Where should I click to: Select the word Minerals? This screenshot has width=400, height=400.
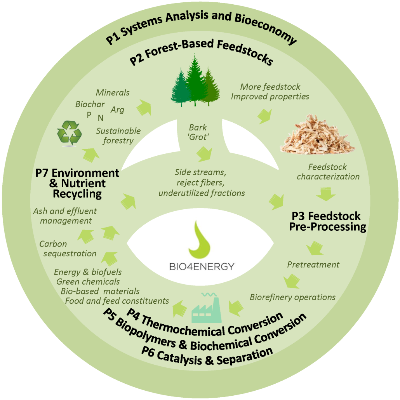(113, 93)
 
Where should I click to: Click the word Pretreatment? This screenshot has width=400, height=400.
(313, 265)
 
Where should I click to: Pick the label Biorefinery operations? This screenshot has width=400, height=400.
(292, 297)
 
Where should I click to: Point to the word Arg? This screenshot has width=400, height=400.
(117, 110)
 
